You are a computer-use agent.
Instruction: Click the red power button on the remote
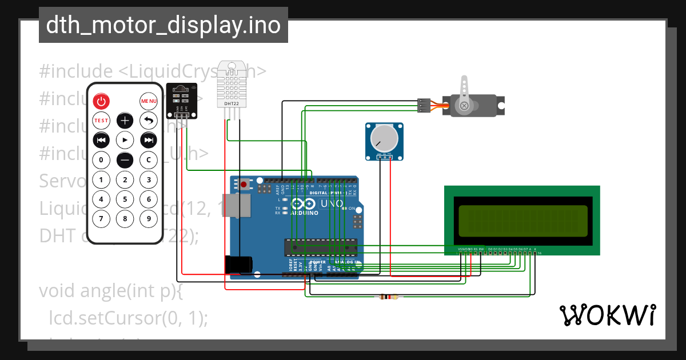click(x=101, y=102)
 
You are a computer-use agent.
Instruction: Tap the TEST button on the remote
click(x=101, y=121)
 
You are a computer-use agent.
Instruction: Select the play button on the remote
click(x=125, y=139)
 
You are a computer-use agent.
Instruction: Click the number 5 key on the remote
click(x=125, y=199)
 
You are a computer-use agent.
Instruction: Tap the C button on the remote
click(x=149, y=159)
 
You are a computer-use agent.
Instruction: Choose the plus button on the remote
click(x=125, y=121)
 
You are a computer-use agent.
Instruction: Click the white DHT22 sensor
click(x=232, y=86)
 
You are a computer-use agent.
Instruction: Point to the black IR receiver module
click(x=182, y=100)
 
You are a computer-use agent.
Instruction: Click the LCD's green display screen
click(x=523, y=221)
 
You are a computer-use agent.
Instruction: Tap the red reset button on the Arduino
click(x=244, y=185)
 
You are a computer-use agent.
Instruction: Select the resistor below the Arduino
click(x=389, y=297)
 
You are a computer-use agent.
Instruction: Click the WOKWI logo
click(x=607, y=315)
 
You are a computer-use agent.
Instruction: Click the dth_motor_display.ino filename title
click(x=163, y=26)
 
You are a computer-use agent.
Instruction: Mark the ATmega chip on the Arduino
click(x=321, y=246)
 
